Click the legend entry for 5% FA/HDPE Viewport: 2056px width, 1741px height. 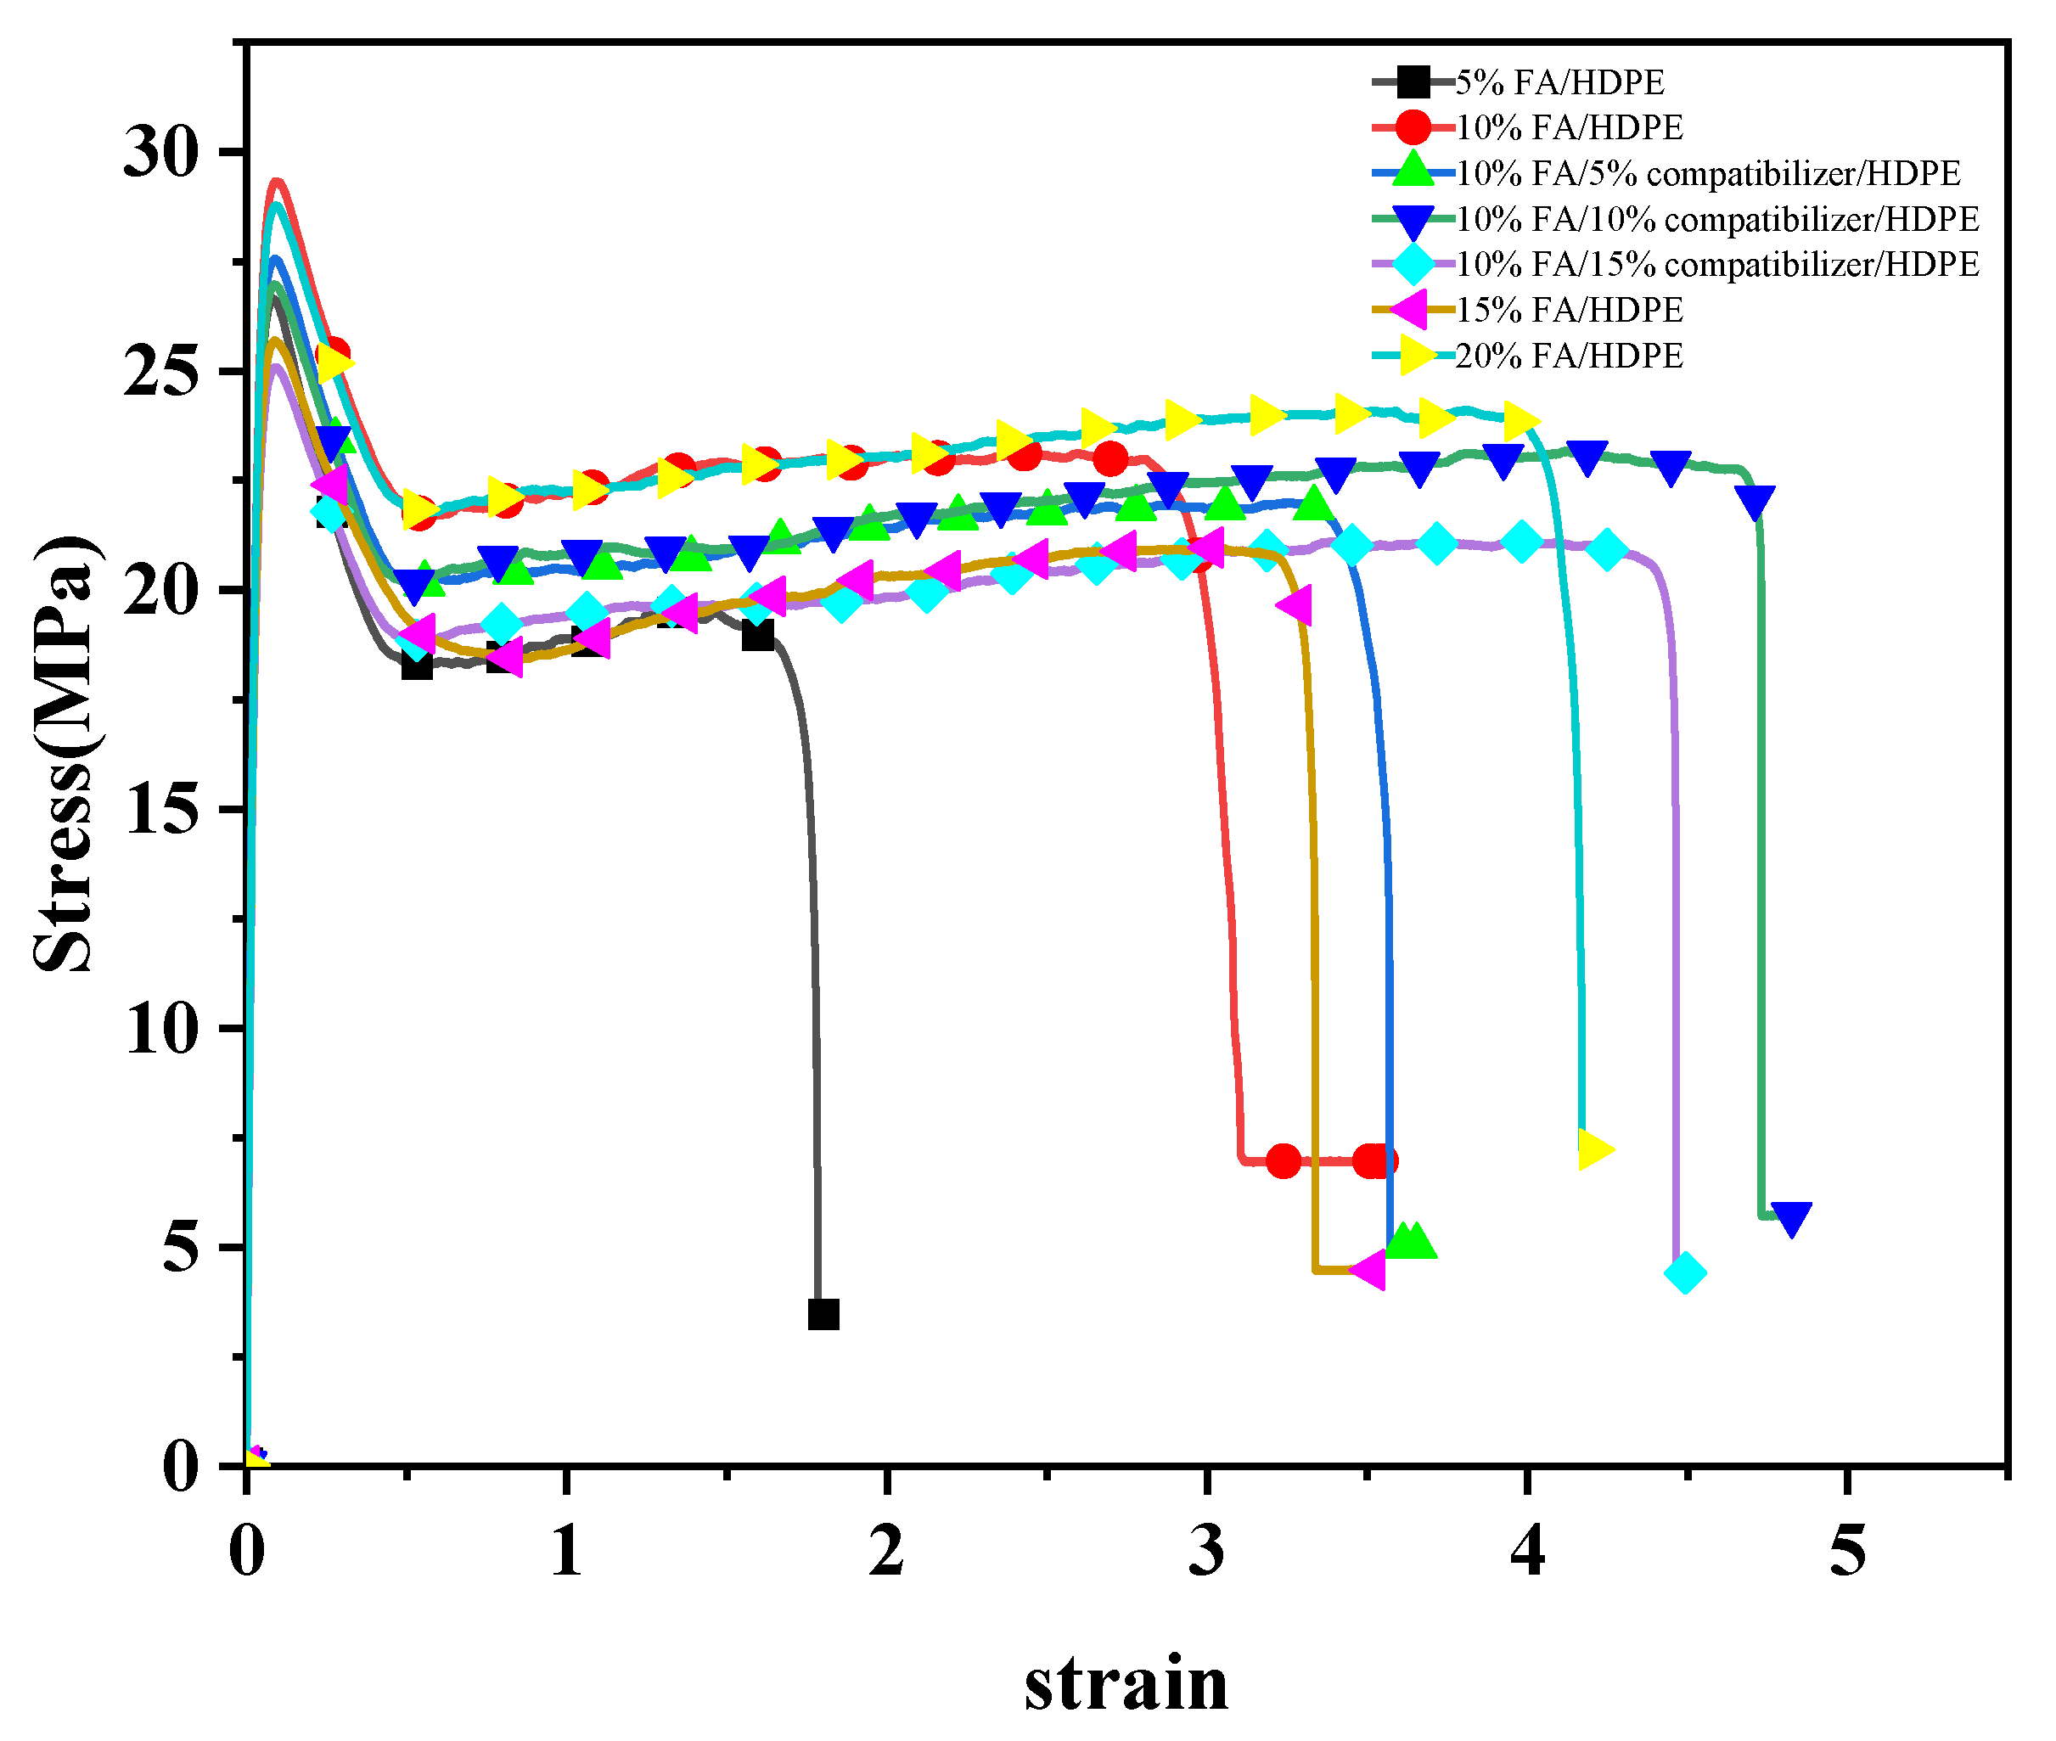coord(1559,82)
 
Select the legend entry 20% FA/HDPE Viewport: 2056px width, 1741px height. coord(1569,356)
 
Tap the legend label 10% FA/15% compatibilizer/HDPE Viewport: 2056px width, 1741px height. coord(1717,265)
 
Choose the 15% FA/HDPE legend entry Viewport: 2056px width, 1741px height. coord(1569,310)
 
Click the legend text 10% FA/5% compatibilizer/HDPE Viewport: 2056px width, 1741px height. coord(1708,174)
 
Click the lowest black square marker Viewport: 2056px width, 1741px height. coord(823,1315)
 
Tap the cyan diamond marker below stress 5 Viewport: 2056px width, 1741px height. coord(1685,1273)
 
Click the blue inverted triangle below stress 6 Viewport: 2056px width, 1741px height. coord(1790,1218)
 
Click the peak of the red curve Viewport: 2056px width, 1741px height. coord(278,182)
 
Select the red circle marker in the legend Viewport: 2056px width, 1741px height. coord(1413,127)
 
